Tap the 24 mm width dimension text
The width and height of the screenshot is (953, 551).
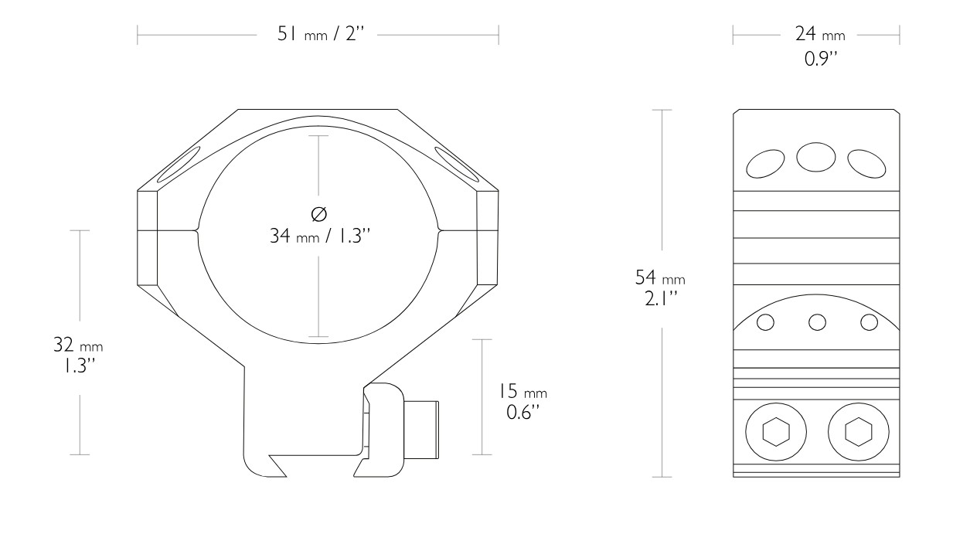click(820, 35)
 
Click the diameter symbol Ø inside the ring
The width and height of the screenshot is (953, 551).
click(319, 214)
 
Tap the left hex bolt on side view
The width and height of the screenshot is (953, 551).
click(775, 432)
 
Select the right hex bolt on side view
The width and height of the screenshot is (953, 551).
click(856, 432)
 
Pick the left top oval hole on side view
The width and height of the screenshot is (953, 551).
click(764, 163)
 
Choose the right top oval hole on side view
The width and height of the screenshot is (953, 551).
click(866, 162)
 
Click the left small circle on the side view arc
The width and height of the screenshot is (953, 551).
click(765, 322)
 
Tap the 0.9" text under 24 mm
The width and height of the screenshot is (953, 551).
click(820, 57)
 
